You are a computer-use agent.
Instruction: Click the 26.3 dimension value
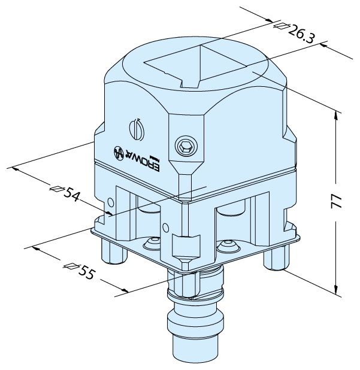[x=301, y=35]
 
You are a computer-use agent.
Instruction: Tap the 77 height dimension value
[x=337, y=201]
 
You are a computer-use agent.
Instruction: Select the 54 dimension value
[x=71, y=194]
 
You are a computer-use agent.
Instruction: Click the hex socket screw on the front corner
[x=186, y=147]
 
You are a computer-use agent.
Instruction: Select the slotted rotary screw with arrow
[x=137, y=130]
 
